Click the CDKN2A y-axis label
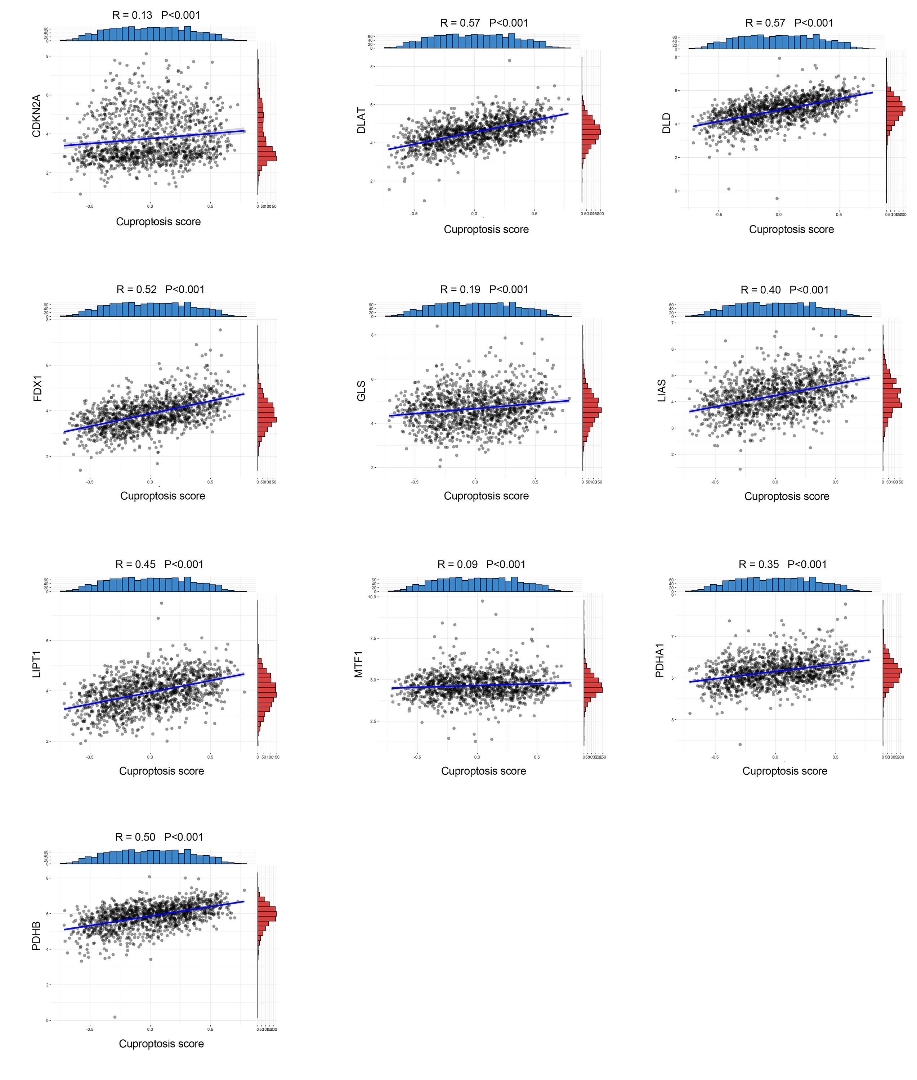[36, 116]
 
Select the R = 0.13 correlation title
[156, 15]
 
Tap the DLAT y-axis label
[361, 121]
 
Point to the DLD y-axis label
[666, 123]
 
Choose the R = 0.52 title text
[160, 289]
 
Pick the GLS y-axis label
[361, 391]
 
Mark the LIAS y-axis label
[662, 391]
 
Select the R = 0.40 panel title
[784, 290]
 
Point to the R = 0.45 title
[159, 564]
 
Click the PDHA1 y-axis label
[660, 660]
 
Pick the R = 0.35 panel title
[782, 564]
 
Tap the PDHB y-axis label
[36, 936]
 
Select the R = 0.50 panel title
[159, 837]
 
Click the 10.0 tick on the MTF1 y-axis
[372, 597]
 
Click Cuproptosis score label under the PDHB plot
[161, 1044]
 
